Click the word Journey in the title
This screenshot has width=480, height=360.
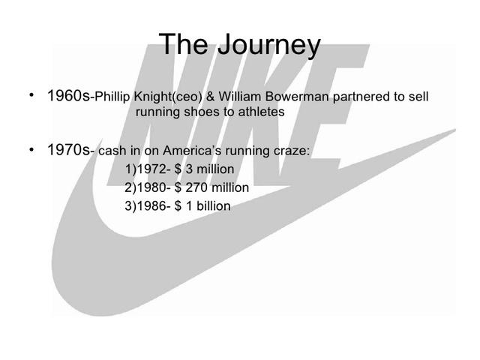tap(266, 46)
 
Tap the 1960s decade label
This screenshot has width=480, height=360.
tap(67, 97)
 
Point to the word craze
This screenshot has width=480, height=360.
tap(289, 151)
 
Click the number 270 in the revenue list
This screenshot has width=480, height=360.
tap(196, 187)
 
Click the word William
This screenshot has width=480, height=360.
tap(238, 97)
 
